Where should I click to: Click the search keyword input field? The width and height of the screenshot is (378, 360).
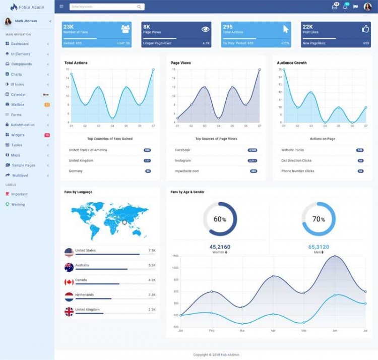coord(103,7)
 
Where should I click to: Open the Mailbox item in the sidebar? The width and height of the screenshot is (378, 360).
coord(18,104)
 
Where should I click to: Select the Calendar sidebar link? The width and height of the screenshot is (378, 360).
coord(18,94)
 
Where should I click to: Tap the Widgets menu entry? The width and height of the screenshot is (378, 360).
coord(18,135)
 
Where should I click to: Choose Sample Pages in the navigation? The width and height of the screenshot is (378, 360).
coord(23,165)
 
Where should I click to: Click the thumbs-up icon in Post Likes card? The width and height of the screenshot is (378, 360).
coord(365,29)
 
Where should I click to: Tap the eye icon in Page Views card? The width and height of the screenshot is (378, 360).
coord(205,29)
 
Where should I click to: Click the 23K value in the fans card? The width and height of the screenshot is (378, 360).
coord(69,27)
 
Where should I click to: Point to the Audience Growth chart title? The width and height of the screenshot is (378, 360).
coord(292,63)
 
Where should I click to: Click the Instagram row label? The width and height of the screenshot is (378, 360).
coord(183,160)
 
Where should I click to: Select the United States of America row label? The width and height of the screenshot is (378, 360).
coord(88,150)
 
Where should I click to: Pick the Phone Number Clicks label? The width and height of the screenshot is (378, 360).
coord(297,171)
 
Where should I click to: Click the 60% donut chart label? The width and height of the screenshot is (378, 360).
coord(220,219)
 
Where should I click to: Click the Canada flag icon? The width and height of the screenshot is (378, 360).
coord(69,282)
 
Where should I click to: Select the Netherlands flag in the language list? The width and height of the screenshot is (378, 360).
coord(69,296)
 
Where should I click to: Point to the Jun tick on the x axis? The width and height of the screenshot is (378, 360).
coord(335,330)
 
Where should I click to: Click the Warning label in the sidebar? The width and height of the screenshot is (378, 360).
coord(18,204)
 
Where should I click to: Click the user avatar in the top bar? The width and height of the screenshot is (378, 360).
coord(367,7)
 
